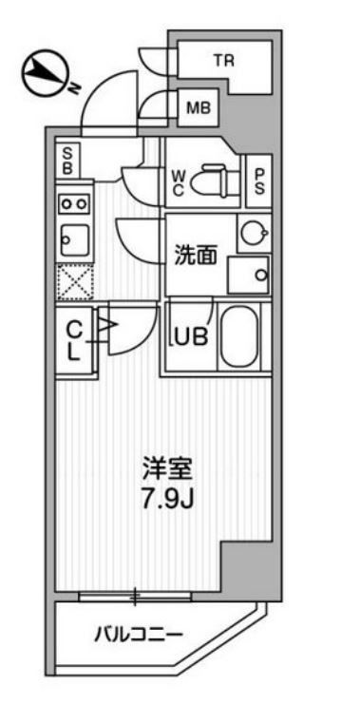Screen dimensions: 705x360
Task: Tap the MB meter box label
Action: (x=198, y=107)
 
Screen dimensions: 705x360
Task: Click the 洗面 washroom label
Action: (x=195, y=255)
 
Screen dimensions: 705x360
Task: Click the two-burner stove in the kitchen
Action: (x=74, y=202)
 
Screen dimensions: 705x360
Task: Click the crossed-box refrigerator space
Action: (x=73, y=282)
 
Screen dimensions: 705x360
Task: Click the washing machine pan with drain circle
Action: (x=252, y=276)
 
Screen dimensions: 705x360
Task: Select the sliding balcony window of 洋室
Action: (x=136, y=597)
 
